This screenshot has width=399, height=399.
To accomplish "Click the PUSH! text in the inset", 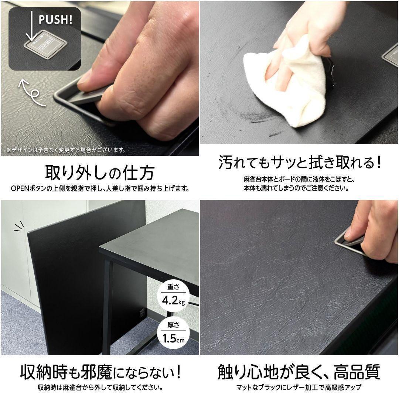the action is [55, 19].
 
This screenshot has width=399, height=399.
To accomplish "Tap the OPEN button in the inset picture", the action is [46, 45].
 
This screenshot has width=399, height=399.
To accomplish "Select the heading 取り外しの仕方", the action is [100, 173].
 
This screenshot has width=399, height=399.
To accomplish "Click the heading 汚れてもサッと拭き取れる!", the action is [300, 162].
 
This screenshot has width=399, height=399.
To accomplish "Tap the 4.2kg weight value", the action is [174, 301].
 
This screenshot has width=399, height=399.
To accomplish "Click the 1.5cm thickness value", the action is [174, 339].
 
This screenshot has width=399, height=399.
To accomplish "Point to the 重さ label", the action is [174, 287].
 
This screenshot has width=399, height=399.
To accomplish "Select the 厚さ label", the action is [174, 325].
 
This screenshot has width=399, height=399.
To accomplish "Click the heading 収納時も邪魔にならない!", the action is [101, 372].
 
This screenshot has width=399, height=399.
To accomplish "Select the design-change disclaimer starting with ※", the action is [66, 150].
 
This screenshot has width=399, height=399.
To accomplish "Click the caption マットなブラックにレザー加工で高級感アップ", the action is [299, 388].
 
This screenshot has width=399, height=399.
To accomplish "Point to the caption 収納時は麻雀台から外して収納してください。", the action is [100, 388].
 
